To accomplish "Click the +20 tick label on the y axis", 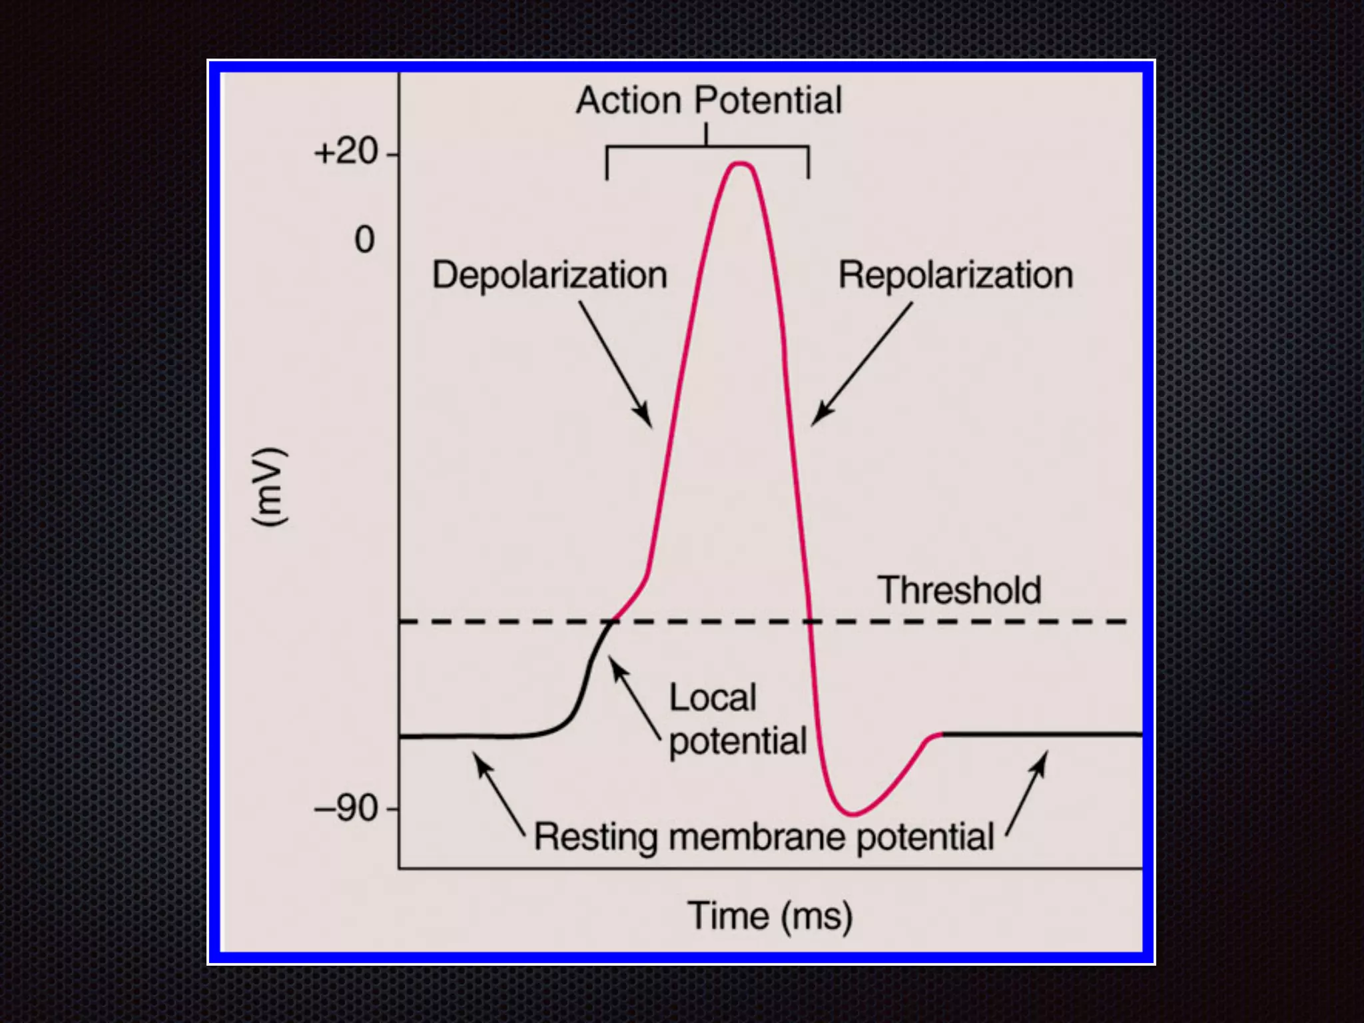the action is tap(346, 152).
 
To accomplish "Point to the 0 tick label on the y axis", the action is tap(364, 240).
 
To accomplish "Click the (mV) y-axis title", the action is tap(270, 488).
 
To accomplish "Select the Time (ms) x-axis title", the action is tap(770, 916).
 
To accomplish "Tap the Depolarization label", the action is tap(549, 275).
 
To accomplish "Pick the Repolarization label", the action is tap(956, 275).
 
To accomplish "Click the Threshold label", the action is tap(959, 590).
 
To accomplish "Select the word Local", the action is tap(713, 698).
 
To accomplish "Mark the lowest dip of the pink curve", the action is tap(852, 814).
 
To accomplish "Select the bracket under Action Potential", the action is tap(707, 147).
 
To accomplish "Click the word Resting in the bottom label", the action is tap(595, 837).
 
